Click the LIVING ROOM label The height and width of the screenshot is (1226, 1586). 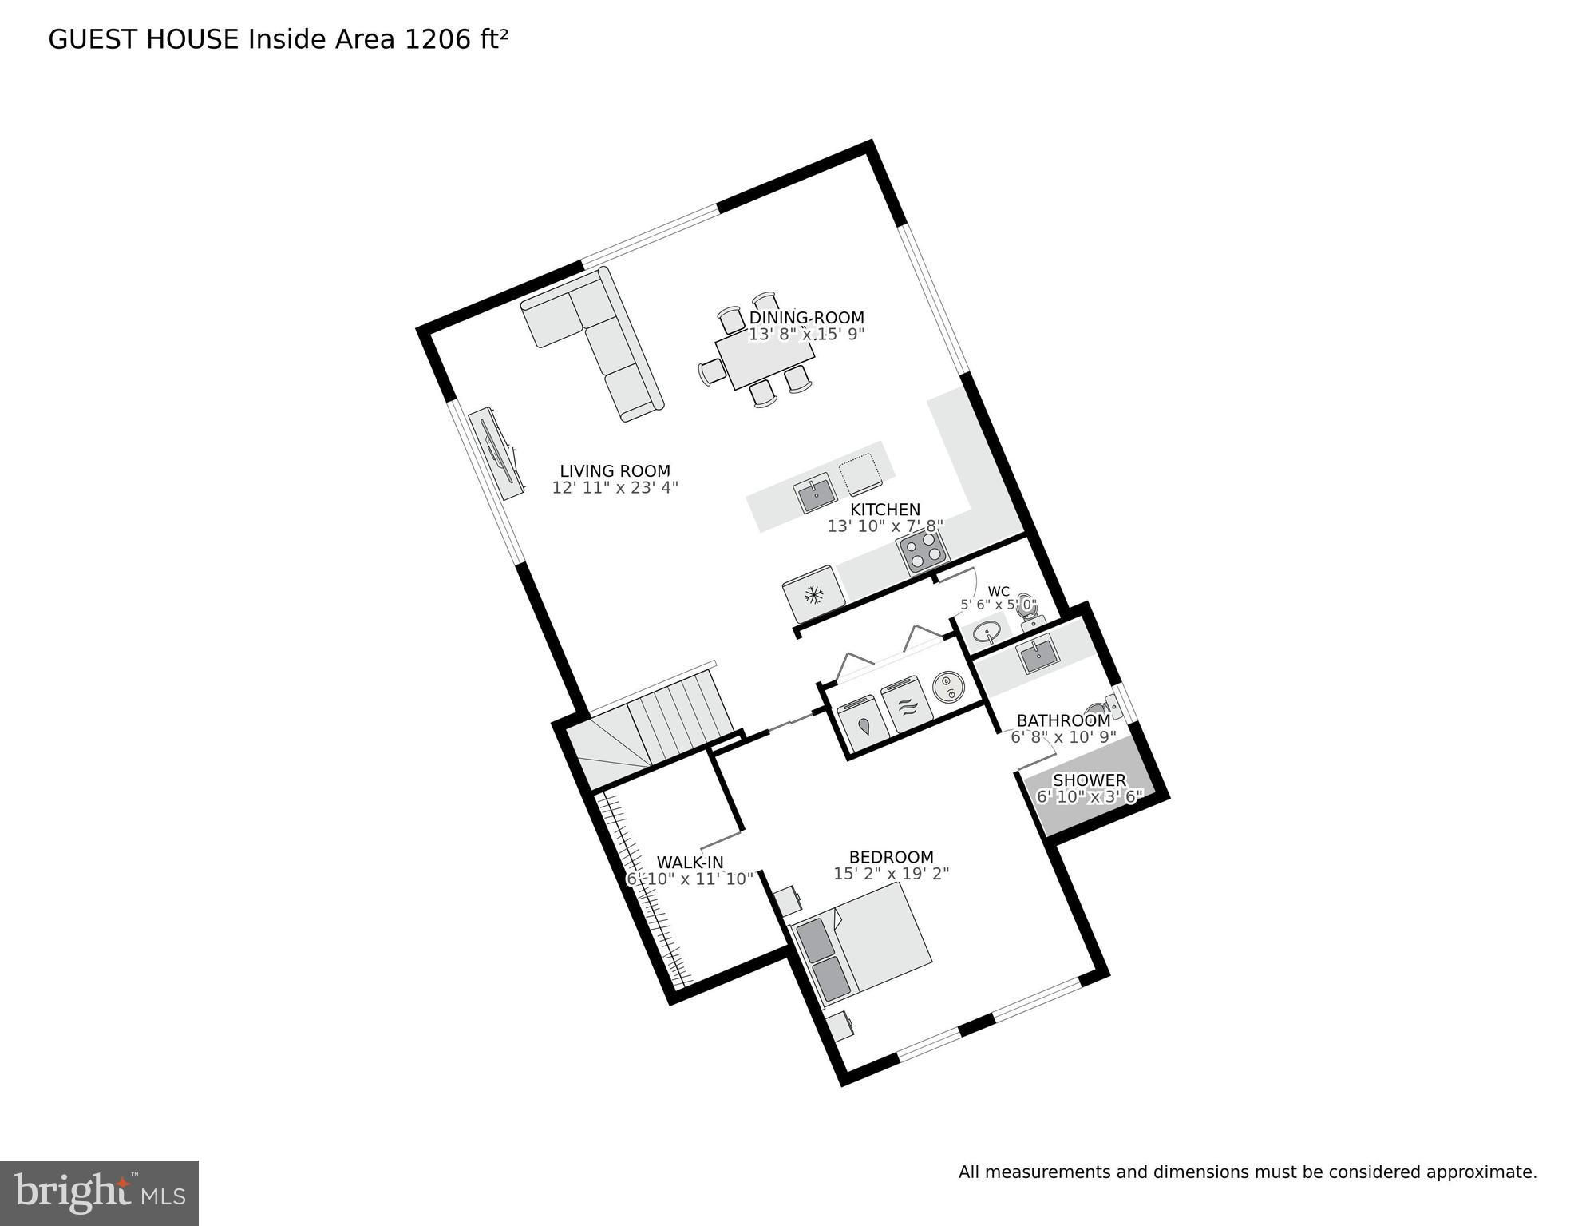tap(615, 471)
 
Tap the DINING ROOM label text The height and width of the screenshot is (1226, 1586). tap(806, 318)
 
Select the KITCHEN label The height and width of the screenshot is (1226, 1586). tap(884, 510)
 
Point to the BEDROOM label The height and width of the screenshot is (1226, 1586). tap(891, 857)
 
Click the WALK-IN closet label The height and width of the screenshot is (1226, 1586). tap(690, 863)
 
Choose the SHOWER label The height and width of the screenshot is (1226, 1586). tap(1090, 780)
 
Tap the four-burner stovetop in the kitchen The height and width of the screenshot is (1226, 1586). tap(923, 551)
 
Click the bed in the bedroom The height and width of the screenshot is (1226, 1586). tap(860, 949)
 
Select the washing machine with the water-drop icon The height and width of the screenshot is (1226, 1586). tap(864, 724)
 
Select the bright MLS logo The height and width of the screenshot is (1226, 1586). tap(99, 1193)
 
